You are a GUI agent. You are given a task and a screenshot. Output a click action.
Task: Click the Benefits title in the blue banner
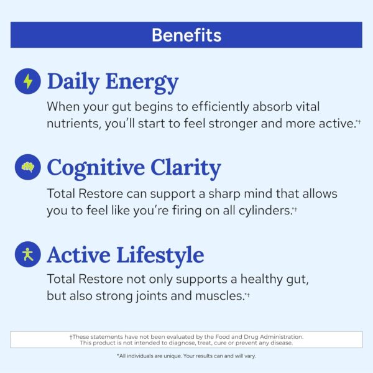tap(186, 35)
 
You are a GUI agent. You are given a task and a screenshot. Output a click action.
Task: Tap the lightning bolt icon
tap(27, 81)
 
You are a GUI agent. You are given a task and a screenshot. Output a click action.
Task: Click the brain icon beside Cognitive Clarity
tap(27, 168)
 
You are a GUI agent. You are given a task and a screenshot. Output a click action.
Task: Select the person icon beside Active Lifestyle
tap(27, 254)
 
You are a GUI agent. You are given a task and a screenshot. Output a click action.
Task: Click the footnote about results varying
tap(186, 356)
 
